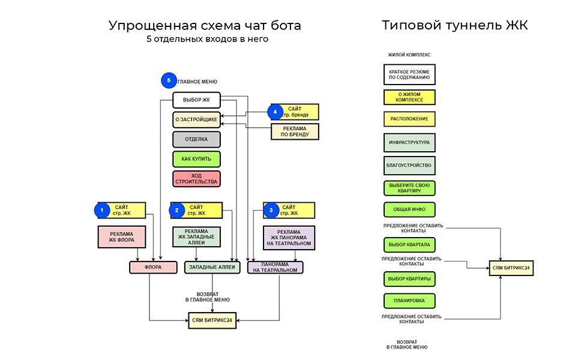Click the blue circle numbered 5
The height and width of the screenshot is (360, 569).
[x=169, y=80]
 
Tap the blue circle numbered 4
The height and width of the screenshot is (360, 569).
[x=274, y=112]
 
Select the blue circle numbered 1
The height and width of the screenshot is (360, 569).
[x=102, y=210]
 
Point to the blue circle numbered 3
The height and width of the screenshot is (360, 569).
[x=271, y=210]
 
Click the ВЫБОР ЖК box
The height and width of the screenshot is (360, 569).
[x=196, y=100]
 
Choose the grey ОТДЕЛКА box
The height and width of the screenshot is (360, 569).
[x=196, y=139]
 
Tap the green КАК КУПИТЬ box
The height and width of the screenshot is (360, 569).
[x=196, y=159]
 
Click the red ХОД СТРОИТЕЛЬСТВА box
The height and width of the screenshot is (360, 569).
[x=196, y=178]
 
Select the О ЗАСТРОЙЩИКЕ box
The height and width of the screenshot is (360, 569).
[x=196, y=119]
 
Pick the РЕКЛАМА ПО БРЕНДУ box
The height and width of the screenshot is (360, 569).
[x=295, y=131]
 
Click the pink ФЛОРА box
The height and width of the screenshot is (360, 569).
[x=153, y=267]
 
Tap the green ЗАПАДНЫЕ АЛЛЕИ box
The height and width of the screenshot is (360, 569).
[x=212, y=267]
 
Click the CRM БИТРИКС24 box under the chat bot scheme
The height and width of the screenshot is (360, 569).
[x=212, y=321]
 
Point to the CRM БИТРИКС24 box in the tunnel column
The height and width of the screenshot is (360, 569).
[x=511, y=268]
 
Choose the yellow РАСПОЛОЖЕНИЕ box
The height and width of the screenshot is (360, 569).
[x=409, y=119]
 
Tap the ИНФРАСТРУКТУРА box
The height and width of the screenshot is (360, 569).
[x=409, y=143]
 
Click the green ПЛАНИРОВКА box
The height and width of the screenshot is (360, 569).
[x=409, y=301]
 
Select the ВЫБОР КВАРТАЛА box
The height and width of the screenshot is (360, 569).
[x=409, y=245]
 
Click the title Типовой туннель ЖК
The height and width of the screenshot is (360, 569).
[x=454, y=26]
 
